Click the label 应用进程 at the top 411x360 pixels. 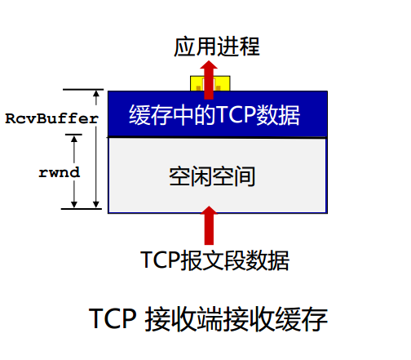pyautogui.click(x=217, y=47)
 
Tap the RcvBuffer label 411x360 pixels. pyautogui.click(x=51, y=118)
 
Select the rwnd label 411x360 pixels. pyautogui.click(x=60, y=172)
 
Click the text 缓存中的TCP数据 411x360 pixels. pyautogui.click(x=214, y=115)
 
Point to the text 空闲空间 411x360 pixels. pyautogui.click(x=212, y=176)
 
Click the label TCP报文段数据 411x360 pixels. pyautogui.click(x=214, y=260)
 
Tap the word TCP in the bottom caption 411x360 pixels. pyautogui.click(x=113, y=318)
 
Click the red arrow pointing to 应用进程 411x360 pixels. pyautogui.click(x=209, y=80)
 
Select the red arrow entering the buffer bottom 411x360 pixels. pyautogui.click(x=209, y=225)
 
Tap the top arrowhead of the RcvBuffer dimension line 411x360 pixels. pyautogui.click(x=96, y=94)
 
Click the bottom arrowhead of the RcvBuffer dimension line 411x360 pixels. pyautogui.click(x=96, y=204)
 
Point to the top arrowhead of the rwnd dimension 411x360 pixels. pyautogui.click(x=74, y=139)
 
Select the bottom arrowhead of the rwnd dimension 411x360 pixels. pyautogui.click(x=74, y=204)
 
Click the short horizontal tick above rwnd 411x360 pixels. pyautogui.click(x=73, y=135)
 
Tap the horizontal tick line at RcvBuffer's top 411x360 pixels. pyautogui.click(x=83, y=89)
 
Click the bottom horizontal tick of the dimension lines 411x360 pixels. pyautogui.click(x=82, y=209)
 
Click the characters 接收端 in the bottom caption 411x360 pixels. pyautogui.click(x=185, y=318)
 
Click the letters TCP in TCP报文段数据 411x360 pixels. pyautogui.click(x=160, y=260)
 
